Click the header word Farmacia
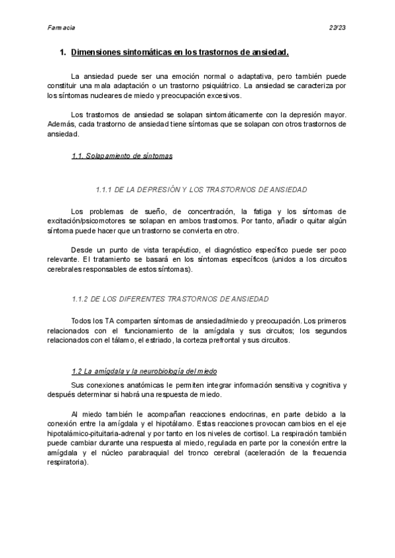(61, 28)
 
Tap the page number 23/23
(338, 28)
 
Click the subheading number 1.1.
(77, 156)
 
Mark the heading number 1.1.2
(79, 299)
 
